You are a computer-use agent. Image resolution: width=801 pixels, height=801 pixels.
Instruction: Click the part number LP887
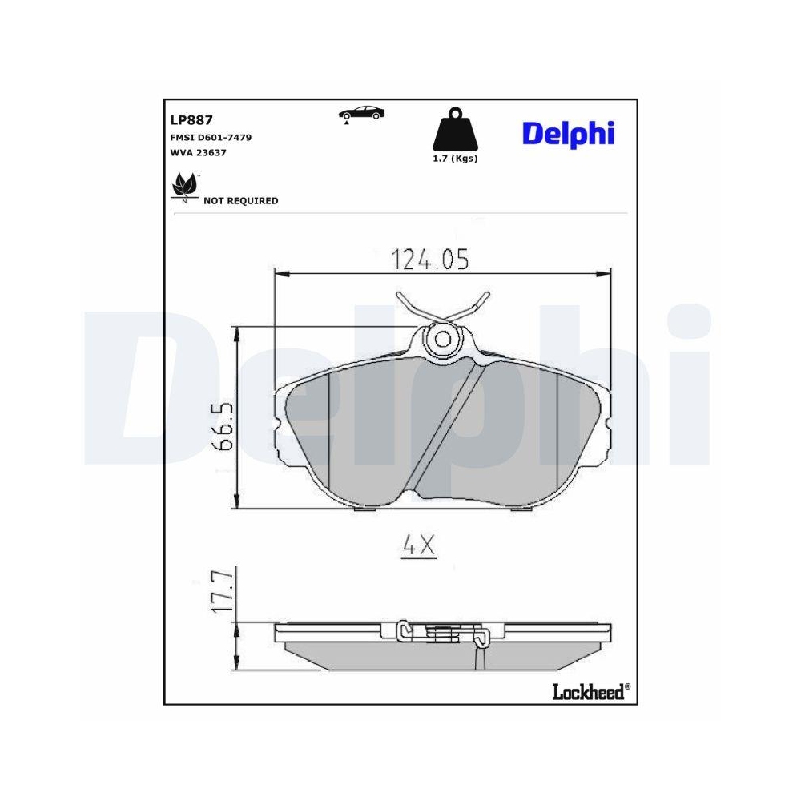[x=190, y=120]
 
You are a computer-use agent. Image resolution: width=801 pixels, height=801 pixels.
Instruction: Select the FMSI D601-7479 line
[x=211, y=138]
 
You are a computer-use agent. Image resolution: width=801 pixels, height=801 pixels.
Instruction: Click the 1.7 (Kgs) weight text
[x=454, y=159]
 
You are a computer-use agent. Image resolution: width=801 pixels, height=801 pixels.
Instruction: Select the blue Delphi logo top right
[x=568, y=133]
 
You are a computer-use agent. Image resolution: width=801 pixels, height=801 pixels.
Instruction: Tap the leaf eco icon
[x=184, y=186]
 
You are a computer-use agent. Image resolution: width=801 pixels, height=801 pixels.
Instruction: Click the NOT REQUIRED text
[x=241, y=201]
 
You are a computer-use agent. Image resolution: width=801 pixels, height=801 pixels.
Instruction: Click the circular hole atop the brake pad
[x=441, y=339]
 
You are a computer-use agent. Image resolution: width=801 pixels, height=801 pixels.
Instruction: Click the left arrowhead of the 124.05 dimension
[x=280, y=274]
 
